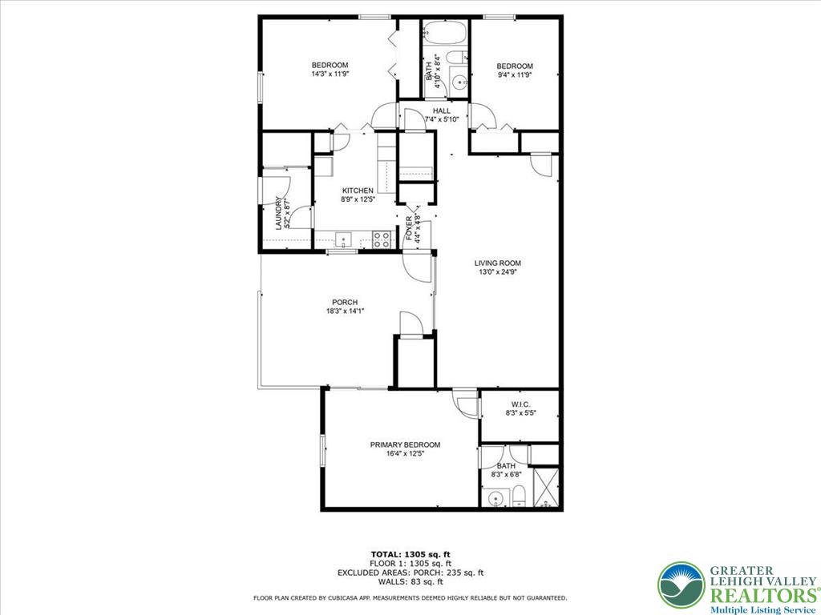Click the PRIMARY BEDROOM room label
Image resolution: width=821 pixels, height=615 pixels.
(405, 444)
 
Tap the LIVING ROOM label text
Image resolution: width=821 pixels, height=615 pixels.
(498, 263)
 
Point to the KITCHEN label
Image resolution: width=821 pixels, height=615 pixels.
(358, 191)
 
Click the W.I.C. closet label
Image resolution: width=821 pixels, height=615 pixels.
(520, 404)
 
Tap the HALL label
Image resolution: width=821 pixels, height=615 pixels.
(442, 111)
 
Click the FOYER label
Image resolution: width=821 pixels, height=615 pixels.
(409, 228)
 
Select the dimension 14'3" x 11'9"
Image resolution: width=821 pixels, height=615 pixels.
(330, 74)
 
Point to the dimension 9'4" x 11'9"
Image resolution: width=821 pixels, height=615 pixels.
(514, 74)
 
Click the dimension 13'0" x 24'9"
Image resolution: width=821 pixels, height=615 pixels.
(498, 271)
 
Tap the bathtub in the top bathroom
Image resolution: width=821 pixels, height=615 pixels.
(445, 34)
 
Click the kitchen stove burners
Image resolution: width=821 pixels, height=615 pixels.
(382, 238)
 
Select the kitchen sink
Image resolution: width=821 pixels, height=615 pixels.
(344, 239)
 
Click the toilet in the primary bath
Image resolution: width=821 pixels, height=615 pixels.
(519, 496)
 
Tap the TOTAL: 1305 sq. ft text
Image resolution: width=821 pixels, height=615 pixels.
(410, 554)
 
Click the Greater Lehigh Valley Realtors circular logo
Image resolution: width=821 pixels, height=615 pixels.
(681, 585)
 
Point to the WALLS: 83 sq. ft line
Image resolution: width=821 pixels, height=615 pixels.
(410, 582)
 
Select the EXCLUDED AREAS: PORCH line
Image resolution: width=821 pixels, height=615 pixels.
(410, 573)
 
